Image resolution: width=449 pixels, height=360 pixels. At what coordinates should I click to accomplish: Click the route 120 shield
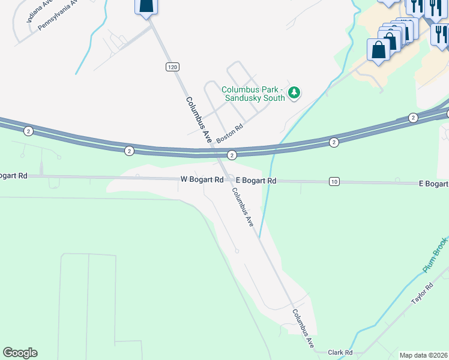pyautogui.click(x=173, y=67)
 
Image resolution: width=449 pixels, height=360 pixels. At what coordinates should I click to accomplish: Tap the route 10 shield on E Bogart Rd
pyautogui.click(x=334, y=181)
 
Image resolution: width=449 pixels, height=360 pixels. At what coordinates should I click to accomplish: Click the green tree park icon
pyautogui.click(x=294, y=92)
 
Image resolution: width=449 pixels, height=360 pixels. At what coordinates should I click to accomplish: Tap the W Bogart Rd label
pyautogui.click(x=203, y=179)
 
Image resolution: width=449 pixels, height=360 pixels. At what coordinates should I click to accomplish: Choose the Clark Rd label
pyautogui.click(x=340, y=353)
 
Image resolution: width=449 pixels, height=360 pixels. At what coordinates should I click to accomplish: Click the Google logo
pyautogui.click(x=20, y=353)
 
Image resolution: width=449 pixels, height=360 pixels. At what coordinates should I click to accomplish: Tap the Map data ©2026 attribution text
pyautogui.click(x=424, y=355)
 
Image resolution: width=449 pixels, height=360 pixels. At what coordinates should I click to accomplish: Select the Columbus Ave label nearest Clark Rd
pyautogui.click(x=304, y=329)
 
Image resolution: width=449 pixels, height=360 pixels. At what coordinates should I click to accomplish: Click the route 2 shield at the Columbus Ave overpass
pyautogui.click(x=232, y=155)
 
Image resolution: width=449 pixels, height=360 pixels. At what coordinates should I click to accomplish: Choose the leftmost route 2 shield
pyautogui.click(x=28, y=130)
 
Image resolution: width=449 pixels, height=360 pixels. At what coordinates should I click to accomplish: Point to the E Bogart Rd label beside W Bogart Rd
pyautogui.click(x=256, y=181)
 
